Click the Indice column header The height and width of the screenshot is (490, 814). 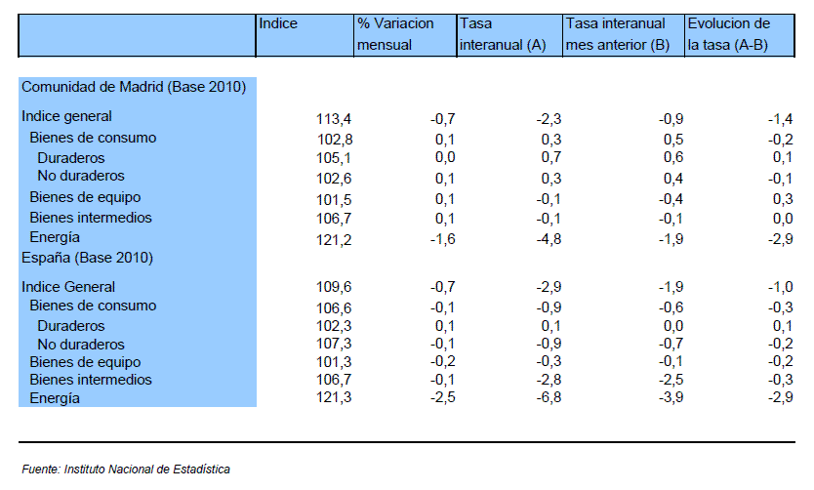coord(278,23)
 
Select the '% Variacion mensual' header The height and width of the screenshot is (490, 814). coord(395,34)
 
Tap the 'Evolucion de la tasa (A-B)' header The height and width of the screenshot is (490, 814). coord(729,34)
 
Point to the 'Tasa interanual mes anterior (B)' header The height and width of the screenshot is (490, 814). coord(617,34)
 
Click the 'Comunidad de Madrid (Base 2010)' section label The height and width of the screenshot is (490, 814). coord(134,87)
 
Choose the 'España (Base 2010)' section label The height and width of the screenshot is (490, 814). coord(87,258)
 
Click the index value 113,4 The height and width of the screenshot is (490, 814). coord(334,119)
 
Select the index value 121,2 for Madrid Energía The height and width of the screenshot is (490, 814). coord(334,240)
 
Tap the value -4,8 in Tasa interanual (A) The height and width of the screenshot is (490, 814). coord(549,239)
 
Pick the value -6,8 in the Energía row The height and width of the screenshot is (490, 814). coord(549,397)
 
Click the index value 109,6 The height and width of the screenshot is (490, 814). coord(334,287)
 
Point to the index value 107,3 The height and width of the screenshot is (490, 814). coord(334,344)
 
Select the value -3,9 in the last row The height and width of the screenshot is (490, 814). coord(671,397)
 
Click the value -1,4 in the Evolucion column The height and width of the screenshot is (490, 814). coord(780,119)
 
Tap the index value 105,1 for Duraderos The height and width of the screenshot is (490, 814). coord(334,157)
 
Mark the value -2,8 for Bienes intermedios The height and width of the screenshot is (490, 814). coord(549,380)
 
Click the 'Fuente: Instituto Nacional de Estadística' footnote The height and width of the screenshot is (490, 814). coord(126,470)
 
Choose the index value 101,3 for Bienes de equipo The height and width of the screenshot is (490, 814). coord(334,361)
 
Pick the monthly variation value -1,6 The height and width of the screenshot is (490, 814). coord(443,239)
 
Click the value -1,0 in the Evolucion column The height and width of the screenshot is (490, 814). coord(780,287)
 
